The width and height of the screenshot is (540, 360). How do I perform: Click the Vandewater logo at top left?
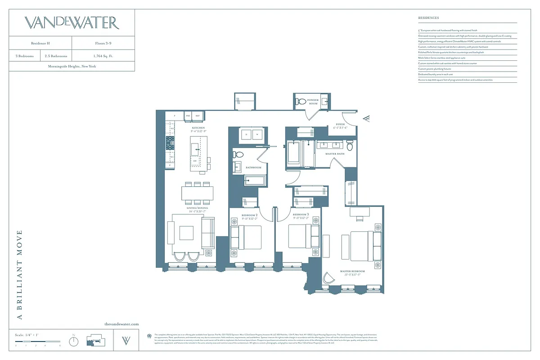(72, 23)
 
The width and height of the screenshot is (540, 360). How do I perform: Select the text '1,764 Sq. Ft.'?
(103, 56)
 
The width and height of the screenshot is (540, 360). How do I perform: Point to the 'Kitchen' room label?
(198, 128)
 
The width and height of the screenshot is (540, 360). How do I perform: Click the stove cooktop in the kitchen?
(170, 144)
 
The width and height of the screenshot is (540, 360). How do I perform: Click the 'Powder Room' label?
(313, 102)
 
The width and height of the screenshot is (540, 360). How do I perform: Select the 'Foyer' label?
(341, 125)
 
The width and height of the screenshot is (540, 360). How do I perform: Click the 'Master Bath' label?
(335, 154)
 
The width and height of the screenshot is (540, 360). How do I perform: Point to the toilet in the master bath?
(350, 146)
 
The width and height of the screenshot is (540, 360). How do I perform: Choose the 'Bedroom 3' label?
(301, 215)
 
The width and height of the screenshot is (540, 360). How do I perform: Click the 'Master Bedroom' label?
(352, 272)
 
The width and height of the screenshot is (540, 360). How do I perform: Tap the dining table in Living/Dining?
(198, 193)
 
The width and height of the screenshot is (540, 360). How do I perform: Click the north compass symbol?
(73, 341)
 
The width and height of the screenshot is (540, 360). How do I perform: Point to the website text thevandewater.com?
(121, 324)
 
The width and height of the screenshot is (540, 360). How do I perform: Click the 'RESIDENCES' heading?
(428, 18)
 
